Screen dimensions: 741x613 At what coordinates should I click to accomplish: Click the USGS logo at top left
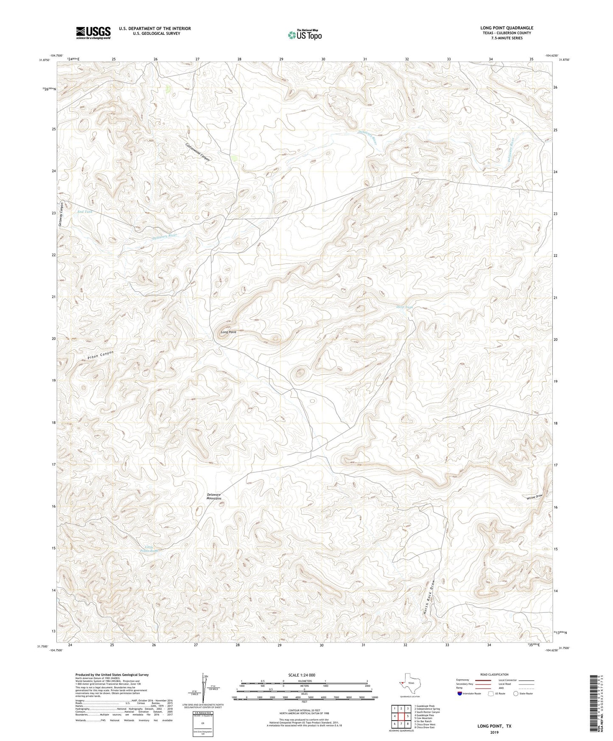(x=93, y=33)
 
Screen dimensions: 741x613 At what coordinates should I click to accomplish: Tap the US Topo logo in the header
(x=305, y=34)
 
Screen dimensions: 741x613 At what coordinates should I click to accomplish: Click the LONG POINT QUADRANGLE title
(x=507, y=28)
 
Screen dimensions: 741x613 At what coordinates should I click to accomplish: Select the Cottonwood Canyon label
(x=198, y=151)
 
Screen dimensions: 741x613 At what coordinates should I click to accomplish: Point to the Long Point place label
(x=228, y=332)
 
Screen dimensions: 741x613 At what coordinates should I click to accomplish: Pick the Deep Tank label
(x=404, y=307)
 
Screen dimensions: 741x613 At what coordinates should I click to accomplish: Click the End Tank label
(x=84, y=212)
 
